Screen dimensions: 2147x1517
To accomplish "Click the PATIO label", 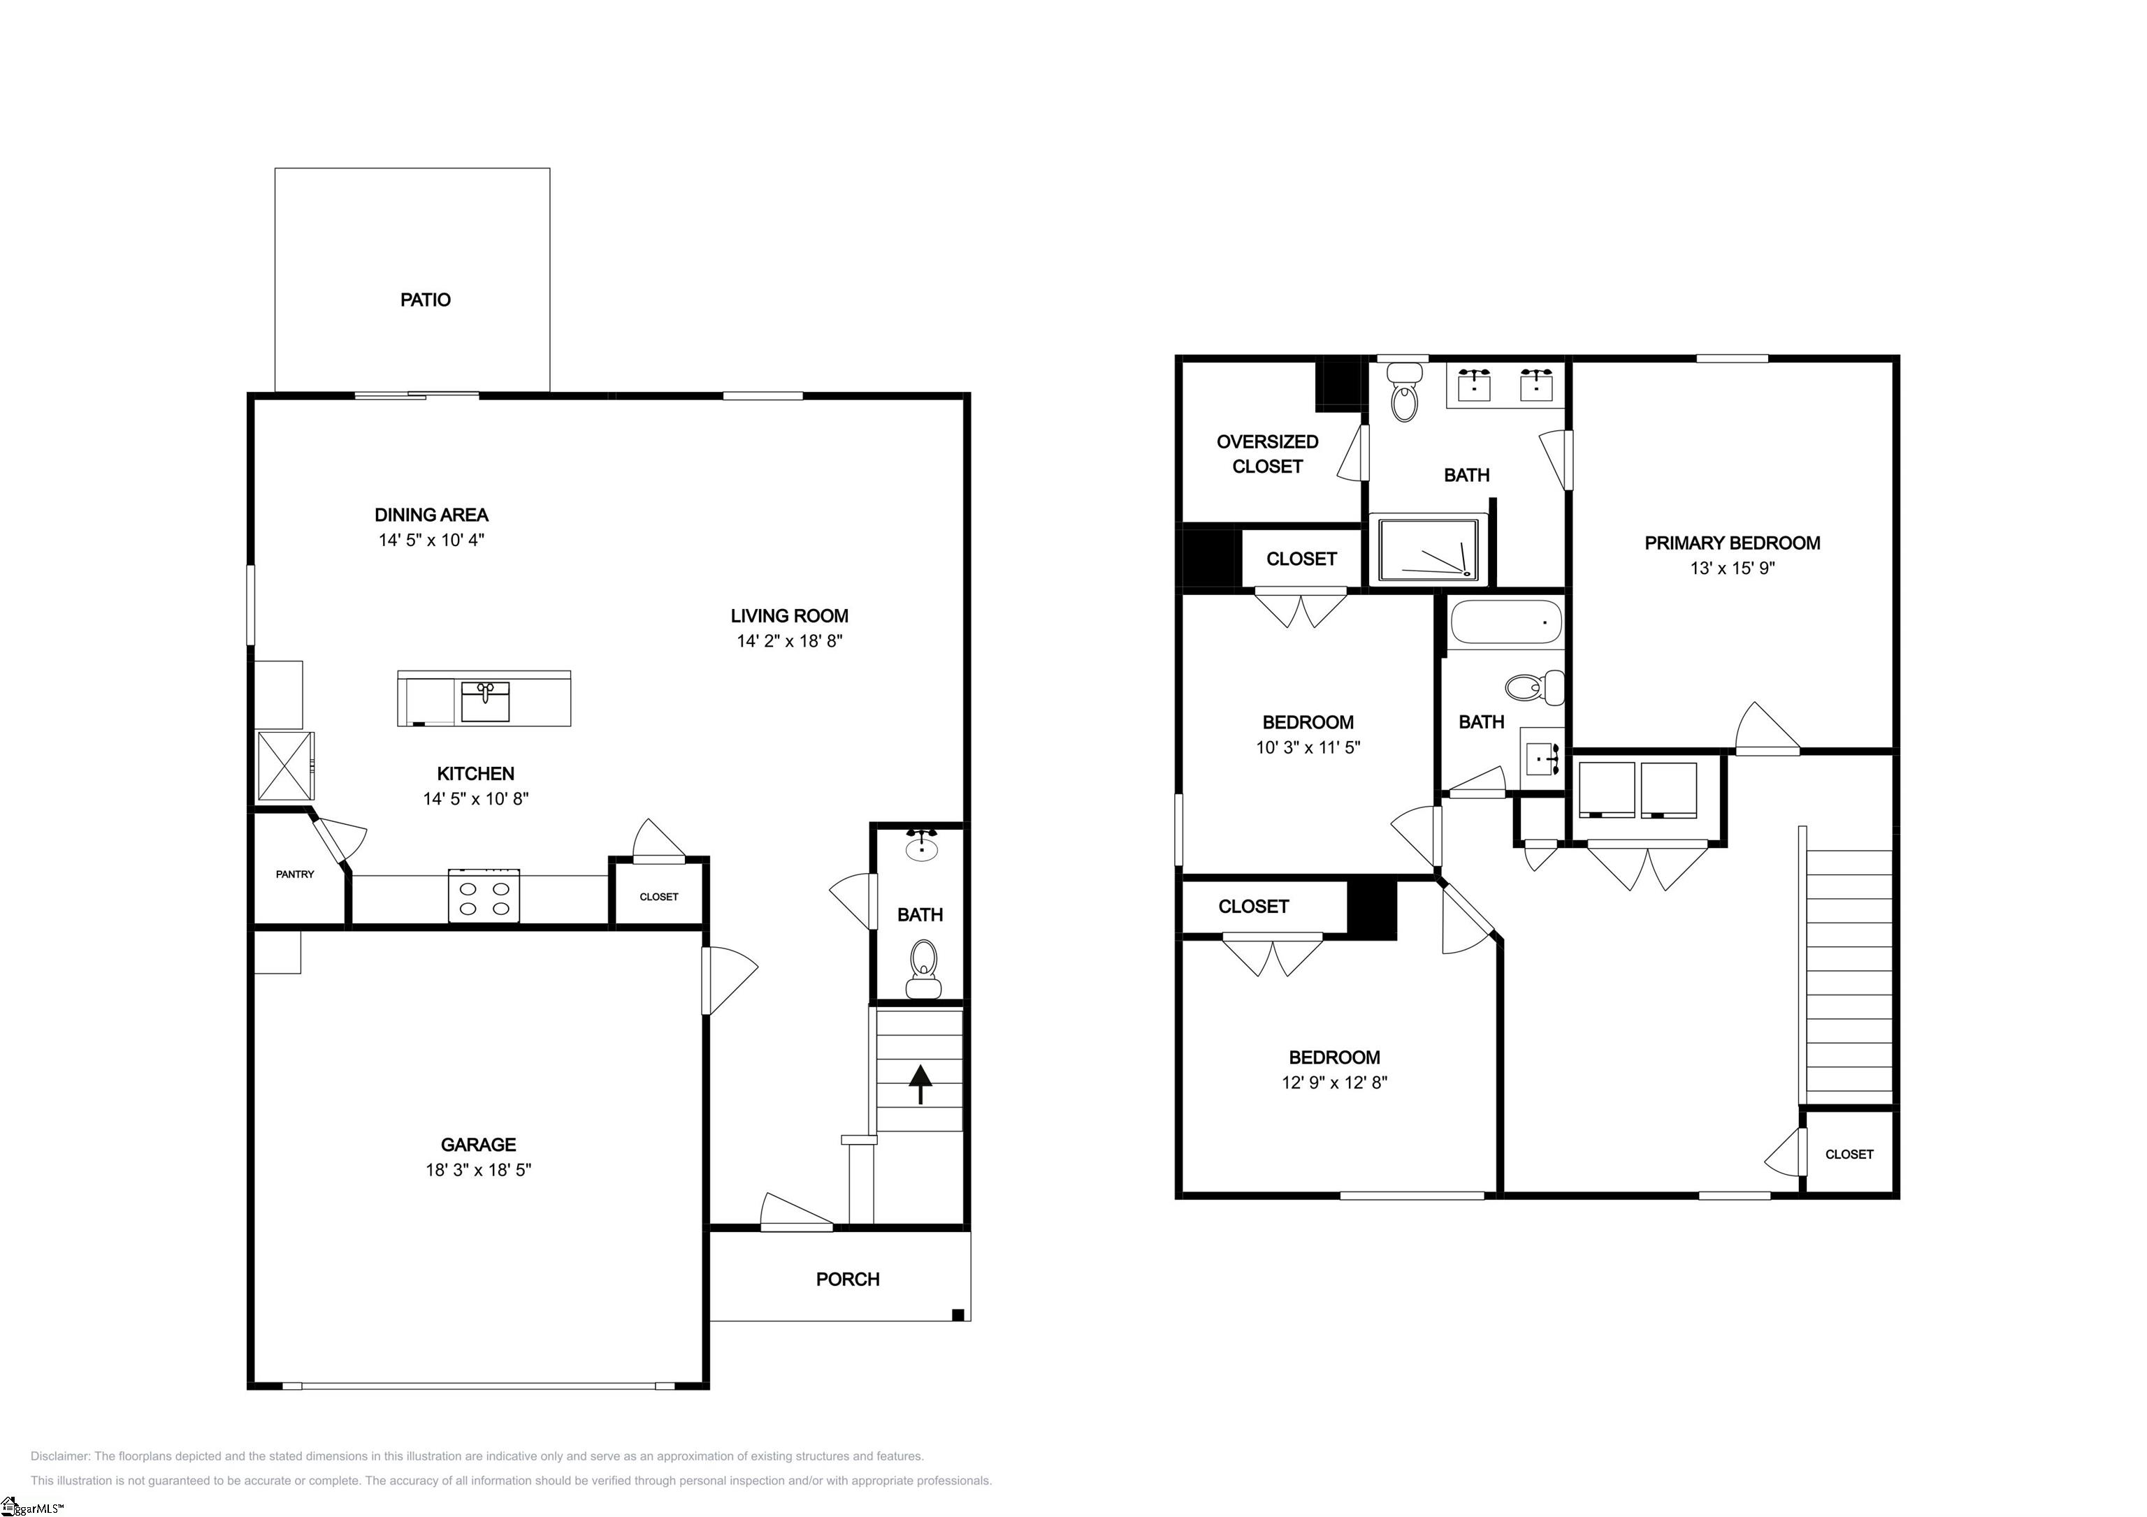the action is point(426,300).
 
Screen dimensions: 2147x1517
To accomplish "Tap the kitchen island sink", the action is point(485,702).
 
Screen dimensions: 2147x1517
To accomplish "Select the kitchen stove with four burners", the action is point(484,895).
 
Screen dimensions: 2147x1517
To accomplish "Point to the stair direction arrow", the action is point(921,1084).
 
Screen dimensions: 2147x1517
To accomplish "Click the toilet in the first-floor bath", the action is point(923,969).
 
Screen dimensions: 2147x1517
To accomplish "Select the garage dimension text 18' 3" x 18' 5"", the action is point(479,1169).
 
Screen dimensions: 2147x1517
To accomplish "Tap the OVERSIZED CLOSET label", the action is point(1268,454).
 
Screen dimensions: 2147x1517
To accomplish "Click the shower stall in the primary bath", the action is point(1429,549).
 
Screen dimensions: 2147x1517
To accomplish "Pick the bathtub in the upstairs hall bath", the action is point(1505,621).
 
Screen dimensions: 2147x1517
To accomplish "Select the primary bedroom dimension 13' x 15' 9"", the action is point(1733,567).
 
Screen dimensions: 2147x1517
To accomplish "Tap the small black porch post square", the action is point(957,1315).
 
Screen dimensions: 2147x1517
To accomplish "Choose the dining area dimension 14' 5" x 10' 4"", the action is point(431,541).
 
